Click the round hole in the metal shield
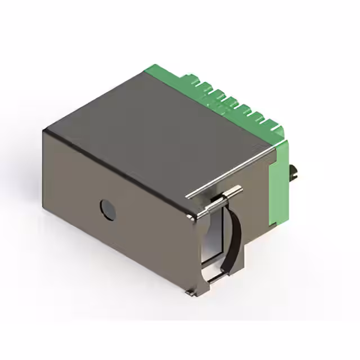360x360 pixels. pos(107,209)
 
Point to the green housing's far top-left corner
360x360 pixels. pos(147,67)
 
